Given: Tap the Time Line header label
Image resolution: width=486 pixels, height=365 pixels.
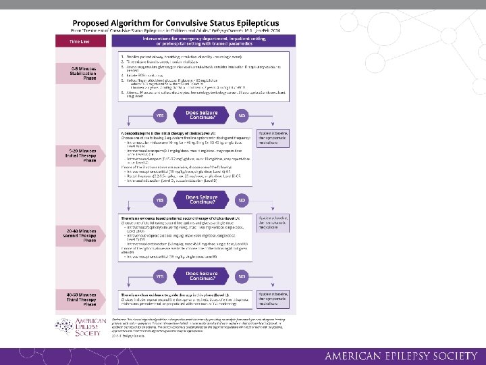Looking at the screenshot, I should pyautogui.click(x=81, y=41).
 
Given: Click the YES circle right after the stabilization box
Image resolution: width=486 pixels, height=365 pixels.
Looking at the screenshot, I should pyautogui.click(x=160, y=116).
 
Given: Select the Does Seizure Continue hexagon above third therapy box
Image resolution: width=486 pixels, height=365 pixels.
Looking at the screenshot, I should pyautogui.click(x=201, y=277).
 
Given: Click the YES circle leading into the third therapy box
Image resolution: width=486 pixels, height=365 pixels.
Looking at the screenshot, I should pyautogui.click(x=160, y=277).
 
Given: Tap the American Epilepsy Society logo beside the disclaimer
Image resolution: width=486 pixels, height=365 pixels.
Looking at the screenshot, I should pyautogui.click(x=90, y=326).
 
